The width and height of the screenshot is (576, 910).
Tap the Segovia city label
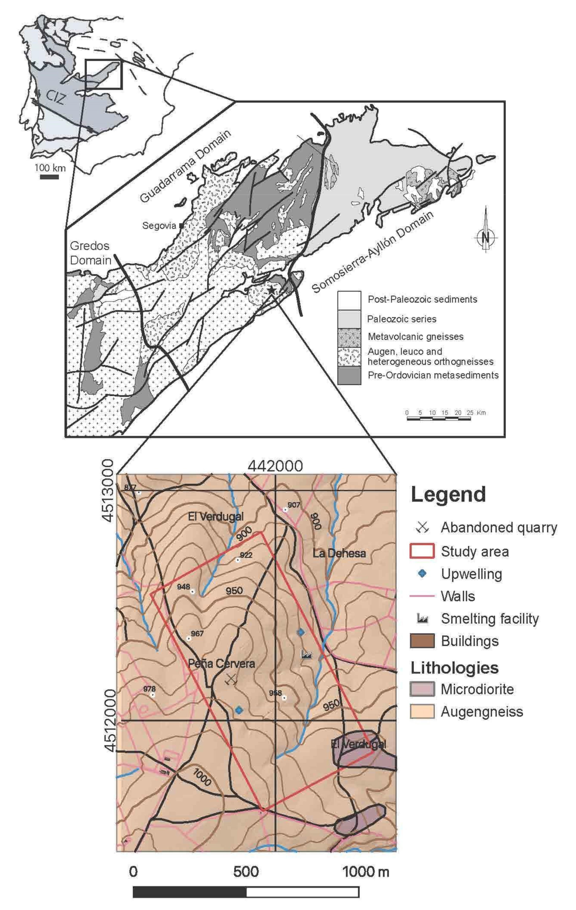159,226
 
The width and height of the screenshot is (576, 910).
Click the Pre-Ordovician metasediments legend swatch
349,376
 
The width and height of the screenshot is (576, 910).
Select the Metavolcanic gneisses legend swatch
349,337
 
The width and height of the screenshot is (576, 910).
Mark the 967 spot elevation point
188,639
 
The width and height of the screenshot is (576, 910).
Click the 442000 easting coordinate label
275,466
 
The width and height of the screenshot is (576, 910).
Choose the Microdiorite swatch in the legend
422,689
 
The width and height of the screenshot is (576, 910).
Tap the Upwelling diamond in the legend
422,574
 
